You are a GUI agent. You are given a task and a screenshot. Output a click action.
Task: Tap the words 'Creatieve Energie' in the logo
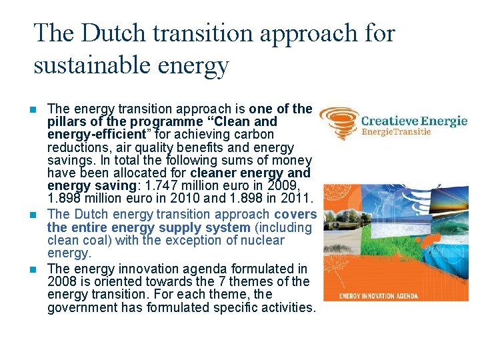pos(414,121)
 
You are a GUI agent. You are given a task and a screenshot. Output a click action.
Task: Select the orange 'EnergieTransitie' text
pos(396,132)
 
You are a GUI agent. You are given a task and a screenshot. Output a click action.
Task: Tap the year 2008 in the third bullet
pos(63,282)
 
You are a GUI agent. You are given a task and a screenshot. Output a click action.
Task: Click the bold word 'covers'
pos(295,215)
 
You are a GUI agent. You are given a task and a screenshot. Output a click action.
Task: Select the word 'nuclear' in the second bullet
pos(263,240)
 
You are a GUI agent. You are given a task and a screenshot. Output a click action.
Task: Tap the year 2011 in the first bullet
pos(297,199)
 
